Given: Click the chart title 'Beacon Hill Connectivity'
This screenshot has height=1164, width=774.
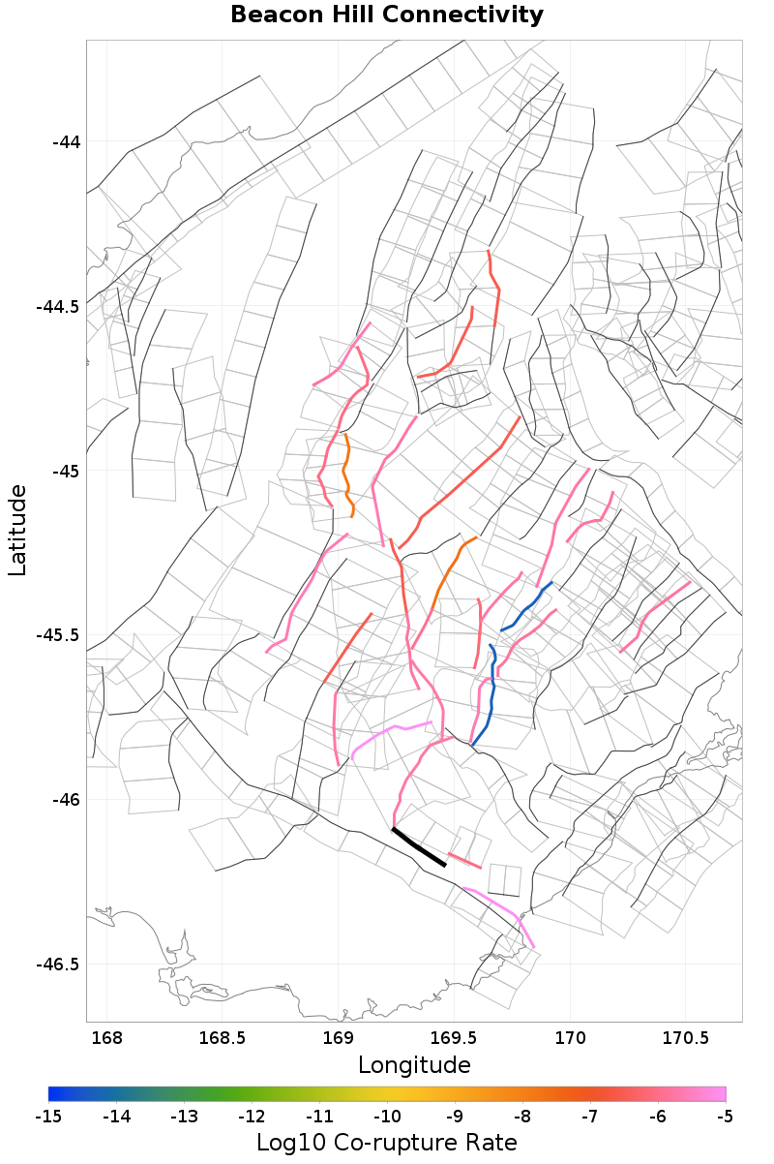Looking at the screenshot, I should [x=387, y=15].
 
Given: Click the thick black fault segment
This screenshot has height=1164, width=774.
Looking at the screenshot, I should [x=419, y=847].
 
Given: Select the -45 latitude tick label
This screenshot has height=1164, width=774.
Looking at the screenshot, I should [x=65, y=472].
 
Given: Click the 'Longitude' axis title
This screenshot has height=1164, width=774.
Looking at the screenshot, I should [x=414, y=1065].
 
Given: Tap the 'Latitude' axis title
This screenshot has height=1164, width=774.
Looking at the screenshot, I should [x=17, y=531].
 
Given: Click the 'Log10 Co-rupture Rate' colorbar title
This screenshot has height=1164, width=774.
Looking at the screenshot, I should [x=387, y=1142].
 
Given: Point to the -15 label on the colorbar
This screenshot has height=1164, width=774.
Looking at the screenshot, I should [x=48, y=1117].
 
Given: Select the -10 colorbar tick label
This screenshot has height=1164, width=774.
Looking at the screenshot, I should [x=387, y=1117].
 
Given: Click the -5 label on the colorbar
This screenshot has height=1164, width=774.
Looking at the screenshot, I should [x=725, y=1117].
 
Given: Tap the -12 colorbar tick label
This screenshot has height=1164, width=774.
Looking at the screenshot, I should [x=252, y=1117].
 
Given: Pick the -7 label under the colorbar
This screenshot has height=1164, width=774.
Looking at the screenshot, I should [x=590, y=1117].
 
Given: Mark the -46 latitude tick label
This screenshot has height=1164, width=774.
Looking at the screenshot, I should [x=65, y=800].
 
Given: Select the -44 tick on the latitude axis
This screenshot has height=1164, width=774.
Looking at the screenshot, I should [x=65, y=142].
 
